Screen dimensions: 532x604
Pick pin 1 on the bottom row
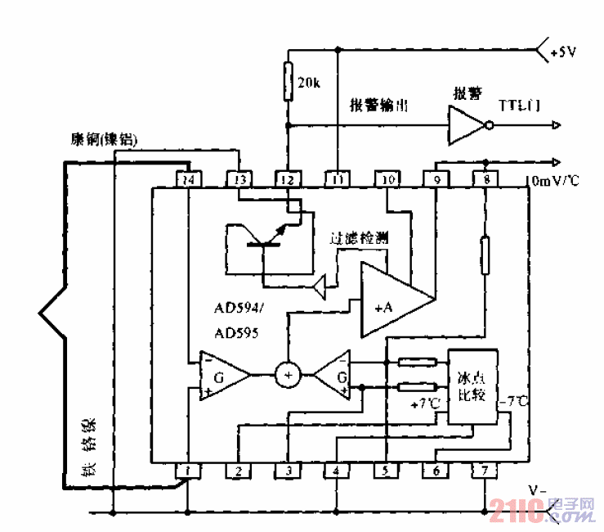pyautogui.click(x=189, y=471)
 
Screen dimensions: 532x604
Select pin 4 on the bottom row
pyautogui.click(x=336, y=471)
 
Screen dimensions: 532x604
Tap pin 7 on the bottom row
pyautogui.click(x=485, y=471)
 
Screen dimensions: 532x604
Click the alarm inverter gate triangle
pyautogui.click(x=466, y=125)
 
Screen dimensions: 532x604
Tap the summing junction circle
pyautogui.click(x=287, y=374)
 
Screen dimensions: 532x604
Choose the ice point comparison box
pyautogui.click(x=472, y=387)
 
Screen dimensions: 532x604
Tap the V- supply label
pyautogui.click(x=535, y=490)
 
